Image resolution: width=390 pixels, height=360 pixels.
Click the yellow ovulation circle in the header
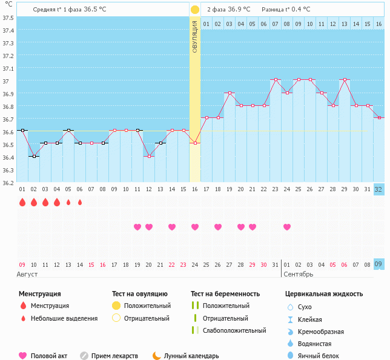194,10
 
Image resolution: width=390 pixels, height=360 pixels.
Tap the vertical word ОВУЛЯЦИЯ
194,37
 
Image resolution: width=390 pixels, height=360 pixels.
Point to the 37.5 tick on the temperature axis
8,18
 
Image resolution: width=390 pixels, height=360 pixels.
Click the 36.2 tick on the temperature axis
8,182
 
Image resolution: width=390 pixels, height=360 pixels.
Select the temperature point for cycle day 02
34,156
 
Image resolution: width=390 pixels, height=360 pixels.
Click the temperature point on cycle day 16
194,143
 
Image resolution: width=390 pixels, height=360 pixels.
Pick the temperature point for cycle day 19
229,93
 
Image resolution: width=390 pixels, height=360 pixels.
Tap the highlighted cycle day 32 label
378,189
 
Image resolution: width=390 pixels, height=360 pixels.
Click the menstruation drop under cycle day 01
22,202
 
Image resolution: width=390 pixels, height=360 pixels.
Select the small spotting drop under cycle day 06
80,202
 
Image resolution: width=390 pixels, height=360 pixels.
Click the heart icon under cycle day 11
137,227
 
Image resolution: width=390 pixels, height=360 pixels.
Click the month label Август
28,274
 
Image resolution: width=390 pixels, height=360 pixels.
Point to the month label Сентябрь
297,274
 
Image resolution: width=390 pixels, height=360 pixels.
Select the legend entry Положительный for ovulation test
147,306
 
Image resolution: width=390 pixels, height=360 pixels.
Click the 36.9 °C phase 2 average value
239,10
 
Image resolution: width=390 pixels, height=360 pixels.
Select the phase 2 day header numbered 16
378,24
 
